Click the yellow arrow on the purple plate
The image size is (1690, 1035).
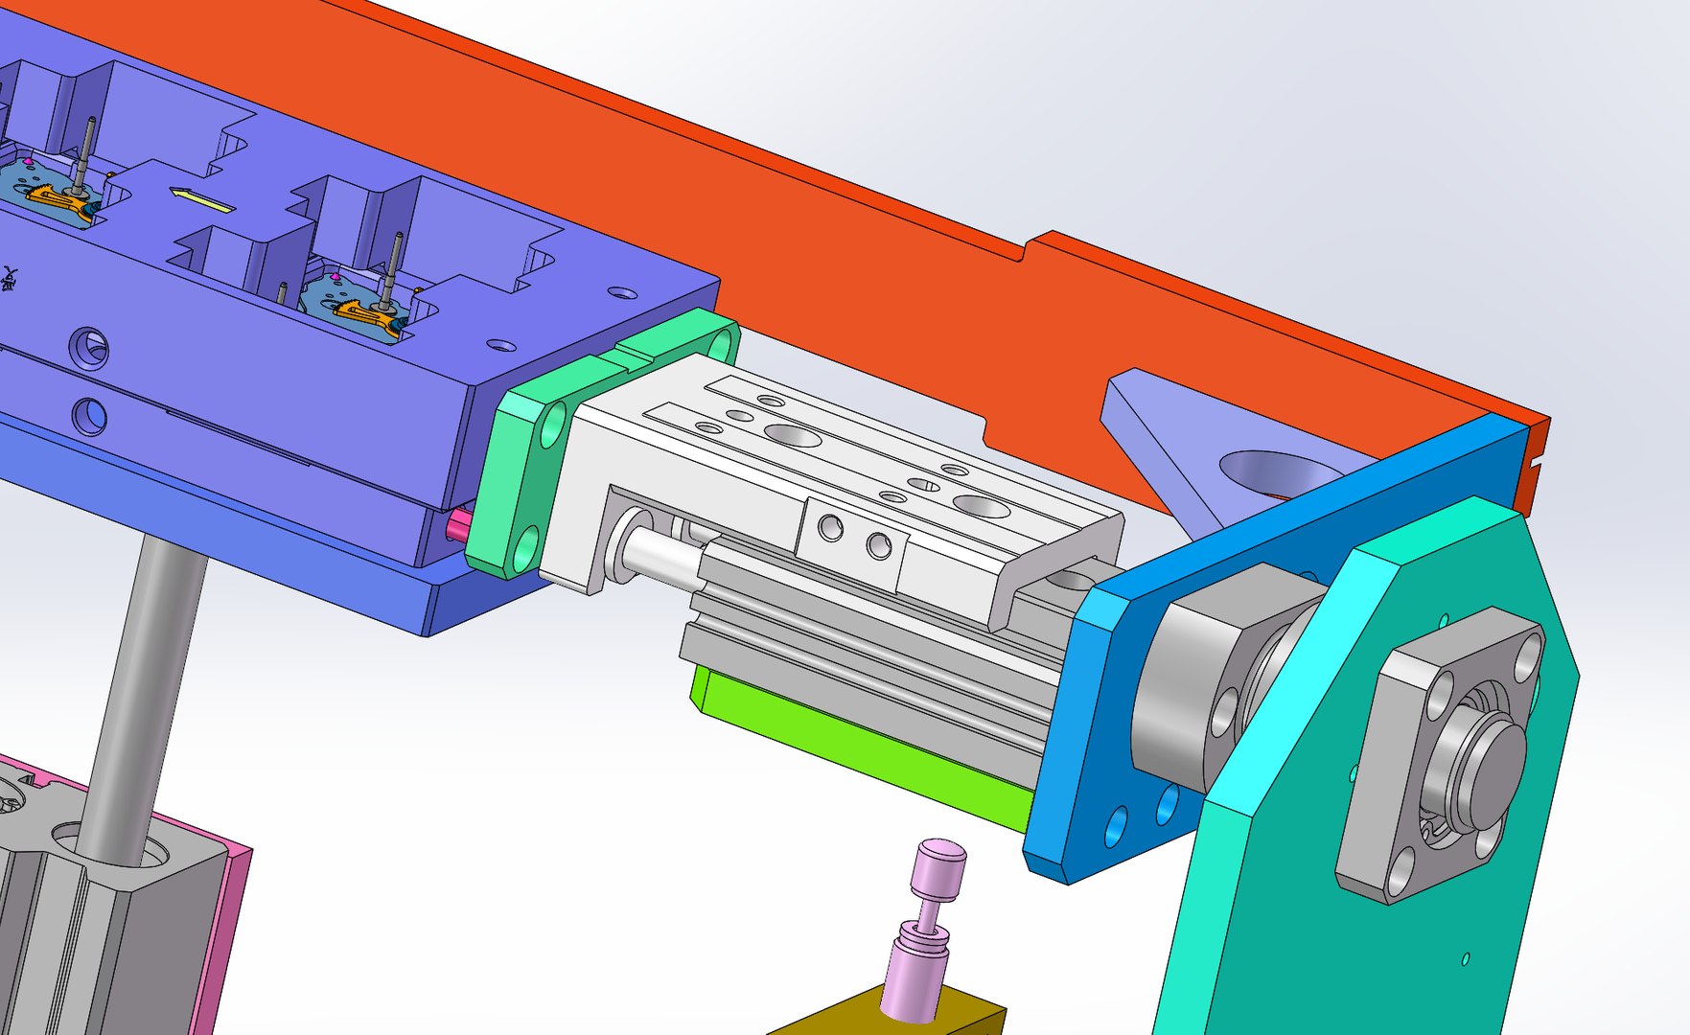coord(202,200)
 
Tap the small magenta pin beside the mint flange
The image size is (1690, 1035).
coord(458,524)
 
